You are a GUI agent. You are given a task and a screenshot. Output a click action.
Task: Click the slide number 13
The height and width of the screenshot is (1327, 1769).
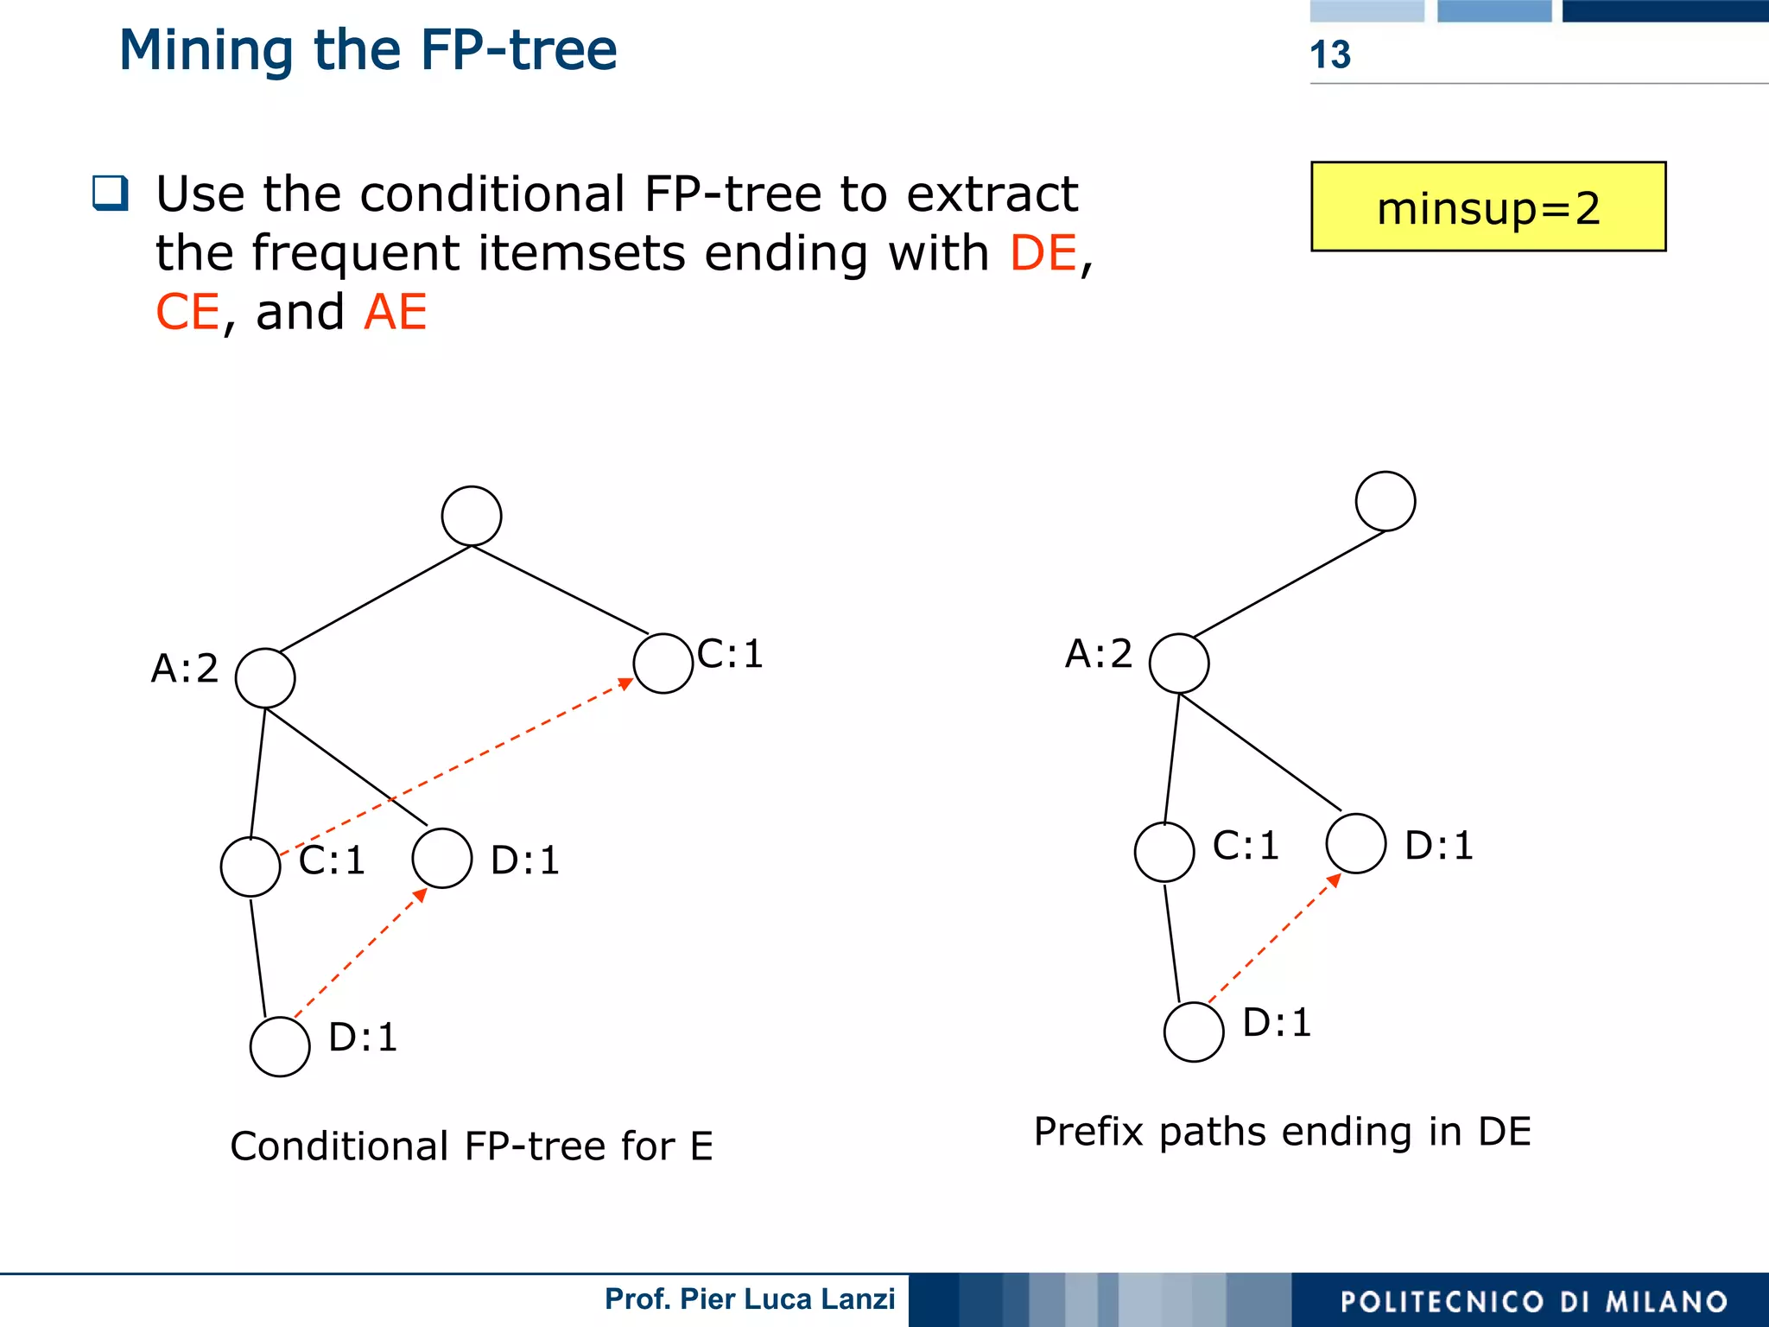coord(1329,54)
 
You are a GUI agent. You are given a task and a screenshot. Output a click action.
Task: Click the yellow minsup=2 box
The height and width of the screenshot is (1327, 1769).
coord(1487,207)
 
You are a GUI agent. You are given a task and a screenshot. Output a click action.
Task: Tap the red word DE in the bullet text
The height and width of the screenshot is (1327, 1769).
coord(1043,253)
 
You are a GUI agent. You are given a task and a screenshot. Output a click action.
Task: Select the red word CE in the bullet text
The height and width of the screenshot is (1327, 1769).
coord(187,312)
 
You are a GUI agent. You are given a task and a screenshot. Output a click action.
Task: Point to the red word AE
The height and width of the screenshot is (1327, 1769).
coord(396,312)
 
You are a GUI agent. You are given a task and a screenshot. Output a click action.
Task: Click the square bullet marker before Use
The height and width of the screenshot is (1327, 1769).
coord(111,194)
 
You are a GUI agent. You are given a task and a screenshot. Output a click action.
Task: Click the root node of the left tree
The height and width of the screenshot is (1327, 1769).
coord(472,516)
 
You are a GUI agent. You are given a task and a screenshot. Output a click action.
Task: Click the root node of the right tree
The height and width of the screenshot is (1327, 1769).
coord(1385,501)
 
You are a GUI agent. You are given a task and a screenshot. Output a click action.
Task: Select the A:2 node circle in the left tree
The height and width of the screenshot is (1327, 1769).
coord(265,678)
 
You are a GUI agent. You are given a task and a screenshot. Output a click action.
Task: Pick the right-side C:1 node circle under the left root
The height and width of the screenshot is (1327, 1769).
coord(663,663)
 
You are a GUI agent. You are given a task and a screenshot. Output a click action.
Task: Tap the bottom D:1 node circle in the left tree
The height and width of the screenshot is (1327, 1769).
coord(280,1046)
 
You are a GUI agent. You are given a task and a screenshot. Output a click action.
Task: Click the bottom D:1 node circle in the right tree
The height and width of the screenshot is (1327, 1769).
coord(1194,1032)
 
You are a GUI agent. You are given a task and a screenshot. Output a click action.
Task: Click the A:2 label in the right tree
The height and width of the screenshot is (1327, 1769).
coord(1098,654)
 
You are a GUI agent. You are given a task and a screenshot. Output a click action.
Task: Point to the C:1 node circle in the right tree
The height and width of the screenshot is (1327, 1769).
coord(1164,852)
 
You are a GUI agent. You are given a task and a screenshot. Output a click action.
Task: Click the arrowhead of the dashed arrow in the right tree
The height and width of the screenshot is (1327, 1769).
coord(1335,880)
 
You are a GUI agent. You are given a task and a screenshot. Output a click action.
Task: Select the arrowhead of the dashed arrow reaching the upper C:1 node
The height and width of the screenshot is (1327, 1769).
coord(625,684)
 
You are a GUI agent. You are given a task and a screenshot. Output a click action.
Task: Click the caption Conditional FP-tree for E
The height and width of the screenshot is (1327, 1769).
coord(472,1146)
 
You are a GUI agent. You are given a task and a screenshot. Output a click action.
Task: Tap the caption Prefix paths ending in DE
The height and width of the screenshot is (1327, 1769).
coord(1282,1132)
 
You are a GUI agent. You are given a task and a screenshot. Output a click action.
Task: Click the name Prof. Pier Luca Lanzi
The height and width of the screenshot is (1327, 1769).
coord(749,1299)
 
